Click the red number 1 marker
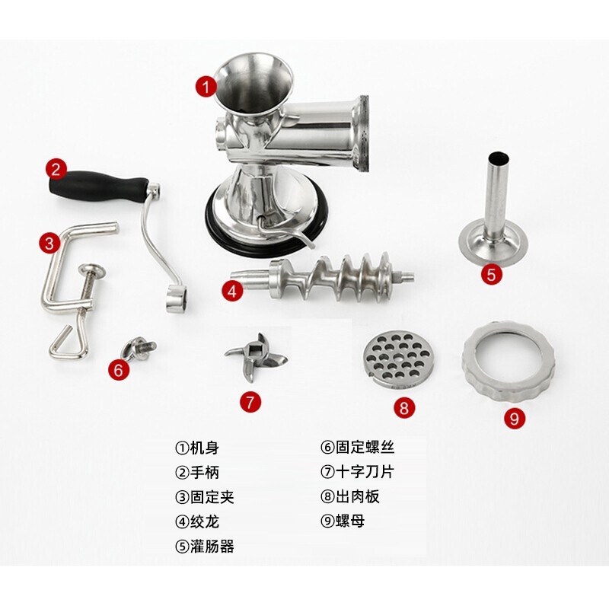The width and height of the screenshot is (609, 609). tap(206, 86)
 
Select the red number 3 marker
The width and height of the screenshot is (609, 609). tap(49, 244)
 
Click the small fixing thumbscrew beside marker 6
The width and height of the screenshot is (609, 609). tap(139, 349)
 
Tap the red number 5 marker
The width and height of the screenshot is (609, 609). tap(492, 274)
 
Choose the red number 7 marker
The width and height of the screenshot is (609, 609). tap(251, 402)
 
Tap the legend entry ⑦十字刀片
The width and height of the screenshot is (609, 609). tap(358, 473)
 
